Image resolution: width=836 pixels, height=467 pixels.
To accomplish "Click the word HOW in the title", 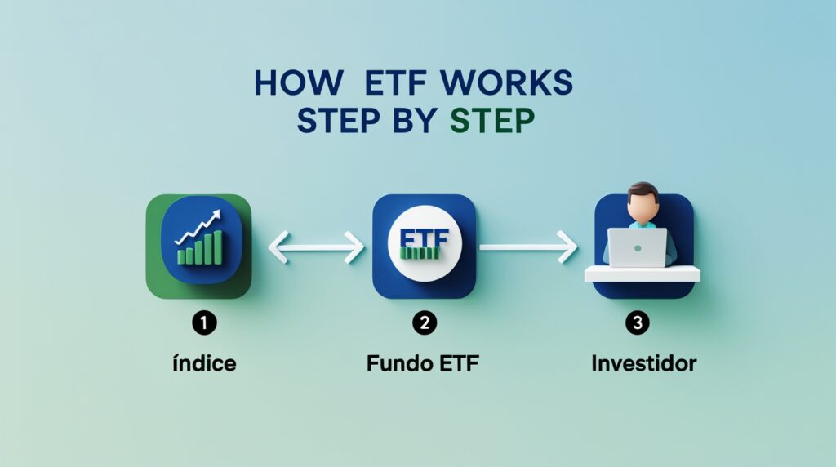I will click(x=289, y=84).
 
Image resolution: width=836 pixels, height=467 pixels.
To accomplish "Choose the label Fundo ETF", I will click(x=422, y=363).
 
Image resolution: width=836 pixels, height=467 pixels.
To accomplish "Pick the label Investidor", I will click(x=643, y=363).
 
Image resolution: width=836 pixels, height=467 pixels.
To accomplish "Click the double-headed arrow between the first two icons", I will click(x=316, y=247).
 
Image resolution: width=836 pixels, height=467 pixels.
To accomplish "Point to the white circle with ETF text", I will click(x=423, y=245).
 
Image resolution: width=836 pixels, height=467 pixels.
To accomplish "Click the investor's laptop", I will click(x=637, y=247).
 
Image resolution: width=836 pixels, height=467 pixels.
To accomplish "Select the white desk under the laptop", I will click(x=643, y=274).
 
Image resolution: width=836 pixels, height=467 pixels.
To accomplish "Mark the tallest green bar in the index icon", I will click(x=217, y=247).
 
